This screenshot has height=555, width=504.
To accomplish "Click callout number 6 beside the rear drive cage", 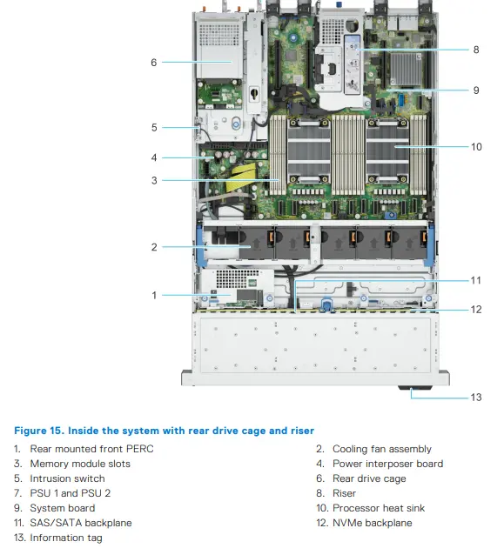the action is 154,63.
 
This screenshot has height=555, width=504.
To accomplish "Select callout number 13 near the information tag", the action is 476,398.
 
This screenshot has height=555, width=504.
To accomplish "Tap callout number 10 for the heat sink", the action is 476,147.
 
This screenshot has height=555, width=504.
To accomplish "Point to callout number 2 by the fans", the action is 154,247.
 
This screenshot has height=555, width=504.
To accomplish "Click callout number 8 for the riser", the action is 476,50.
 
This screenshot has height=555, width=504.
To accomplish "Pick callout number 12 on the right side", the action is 476,310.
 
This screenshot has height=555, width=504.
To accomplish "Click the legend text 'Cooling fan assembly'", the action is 382,449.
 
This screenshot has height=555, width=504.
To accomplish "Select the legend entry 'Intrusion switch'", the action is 67,478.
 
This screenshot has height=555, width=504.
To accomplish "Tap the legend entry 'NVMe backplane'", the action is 373,523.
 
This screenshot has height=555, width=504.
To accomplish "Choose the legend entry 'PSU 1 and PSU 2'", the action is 71,493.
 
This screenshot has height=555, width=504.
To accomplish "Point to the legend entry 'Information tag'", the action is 66,538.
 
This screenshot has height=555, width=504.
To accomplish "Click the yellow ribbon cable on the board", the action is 244,177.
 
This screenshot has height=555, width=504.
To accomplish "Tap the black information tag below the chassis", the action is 415,388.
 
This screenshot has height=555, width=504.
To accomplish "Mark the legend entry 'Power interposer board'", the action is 388,464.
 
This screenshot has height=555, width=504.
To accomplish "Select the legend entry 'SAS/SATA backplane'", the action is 81,523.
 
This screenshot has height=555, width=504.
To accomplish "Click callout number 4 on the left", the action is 154,157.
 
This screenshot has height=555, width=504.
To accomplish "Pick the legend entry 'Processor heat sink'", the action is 379,508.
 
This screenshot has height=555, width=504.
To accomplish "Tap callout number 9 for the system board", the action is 476,90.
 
